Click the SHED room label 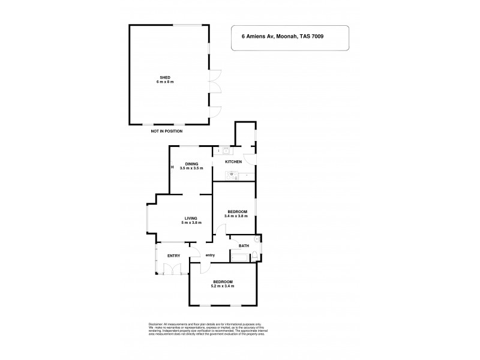point(164,77)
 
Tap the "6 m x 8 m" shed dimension point(164,82)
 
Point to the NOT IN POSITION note point(167,131)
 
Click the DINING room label point(191,164)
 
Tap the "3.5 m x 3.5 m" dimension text point(191,169)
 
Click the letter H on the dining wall point(172,167)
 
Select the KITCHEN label point(233,162)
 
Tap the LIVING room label point(191,218)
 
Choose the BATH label point(244,245)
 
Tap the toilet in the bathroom point(256,257)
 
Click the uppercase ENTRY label point(174,256)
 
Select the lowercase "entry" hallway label point(210,256)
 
